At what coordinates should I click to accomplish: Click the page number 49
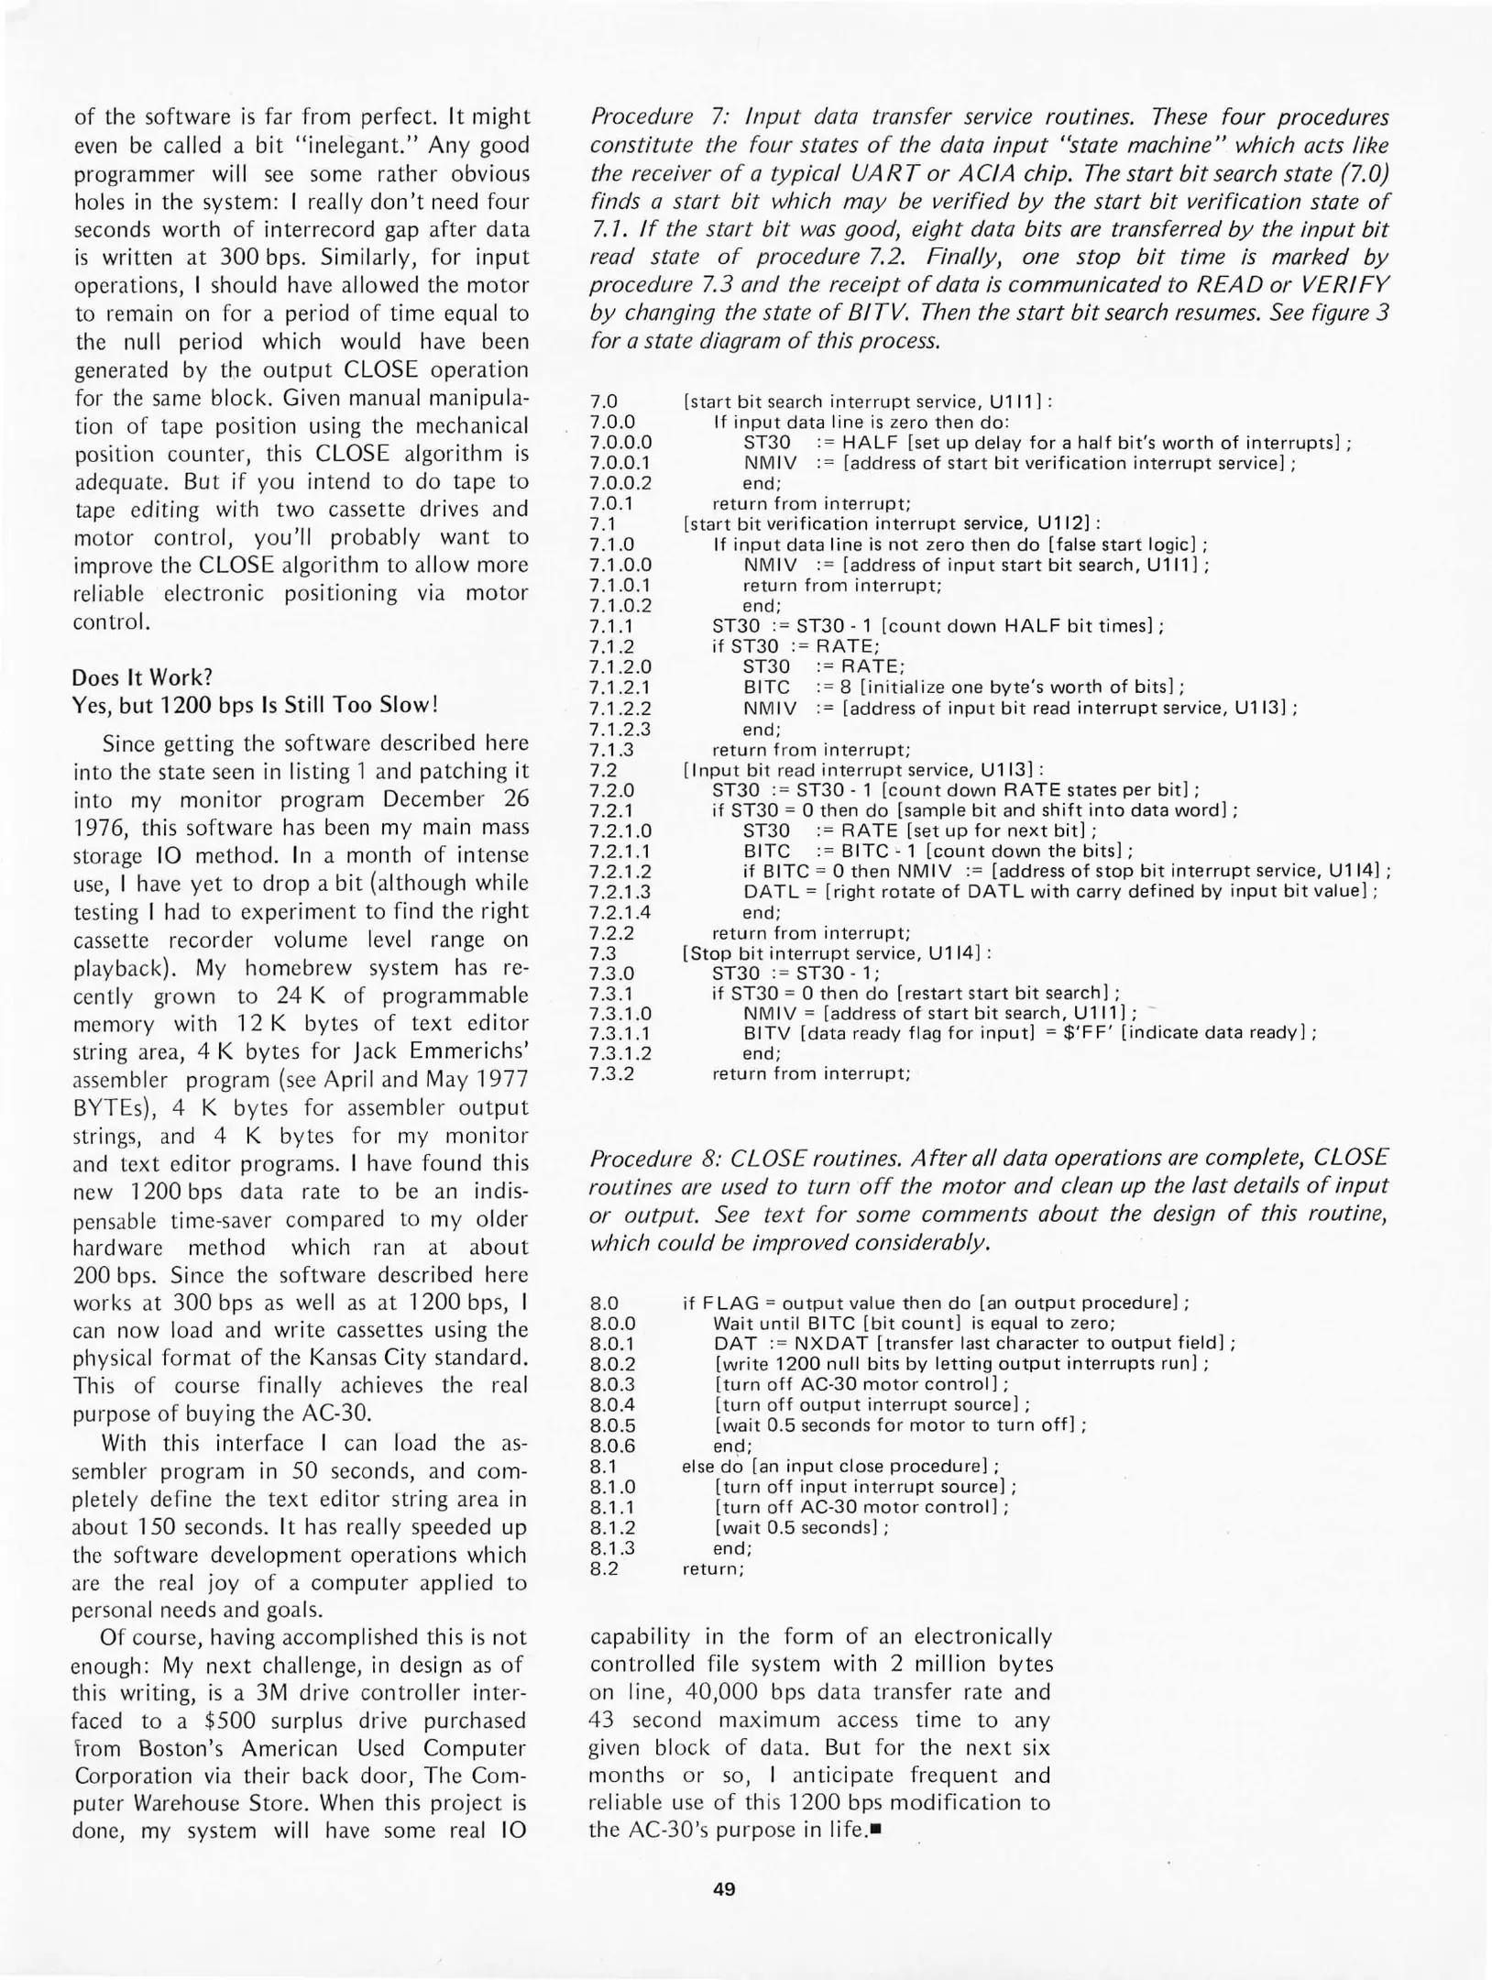723,1888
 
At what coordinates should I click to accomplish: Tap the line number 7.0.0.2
620,483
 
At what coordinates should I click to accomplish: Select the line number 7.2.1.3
620,892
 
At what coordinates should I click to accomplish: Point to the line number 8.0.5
613,1425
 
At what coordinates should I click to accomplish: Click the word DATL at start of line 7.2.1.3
768,892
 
